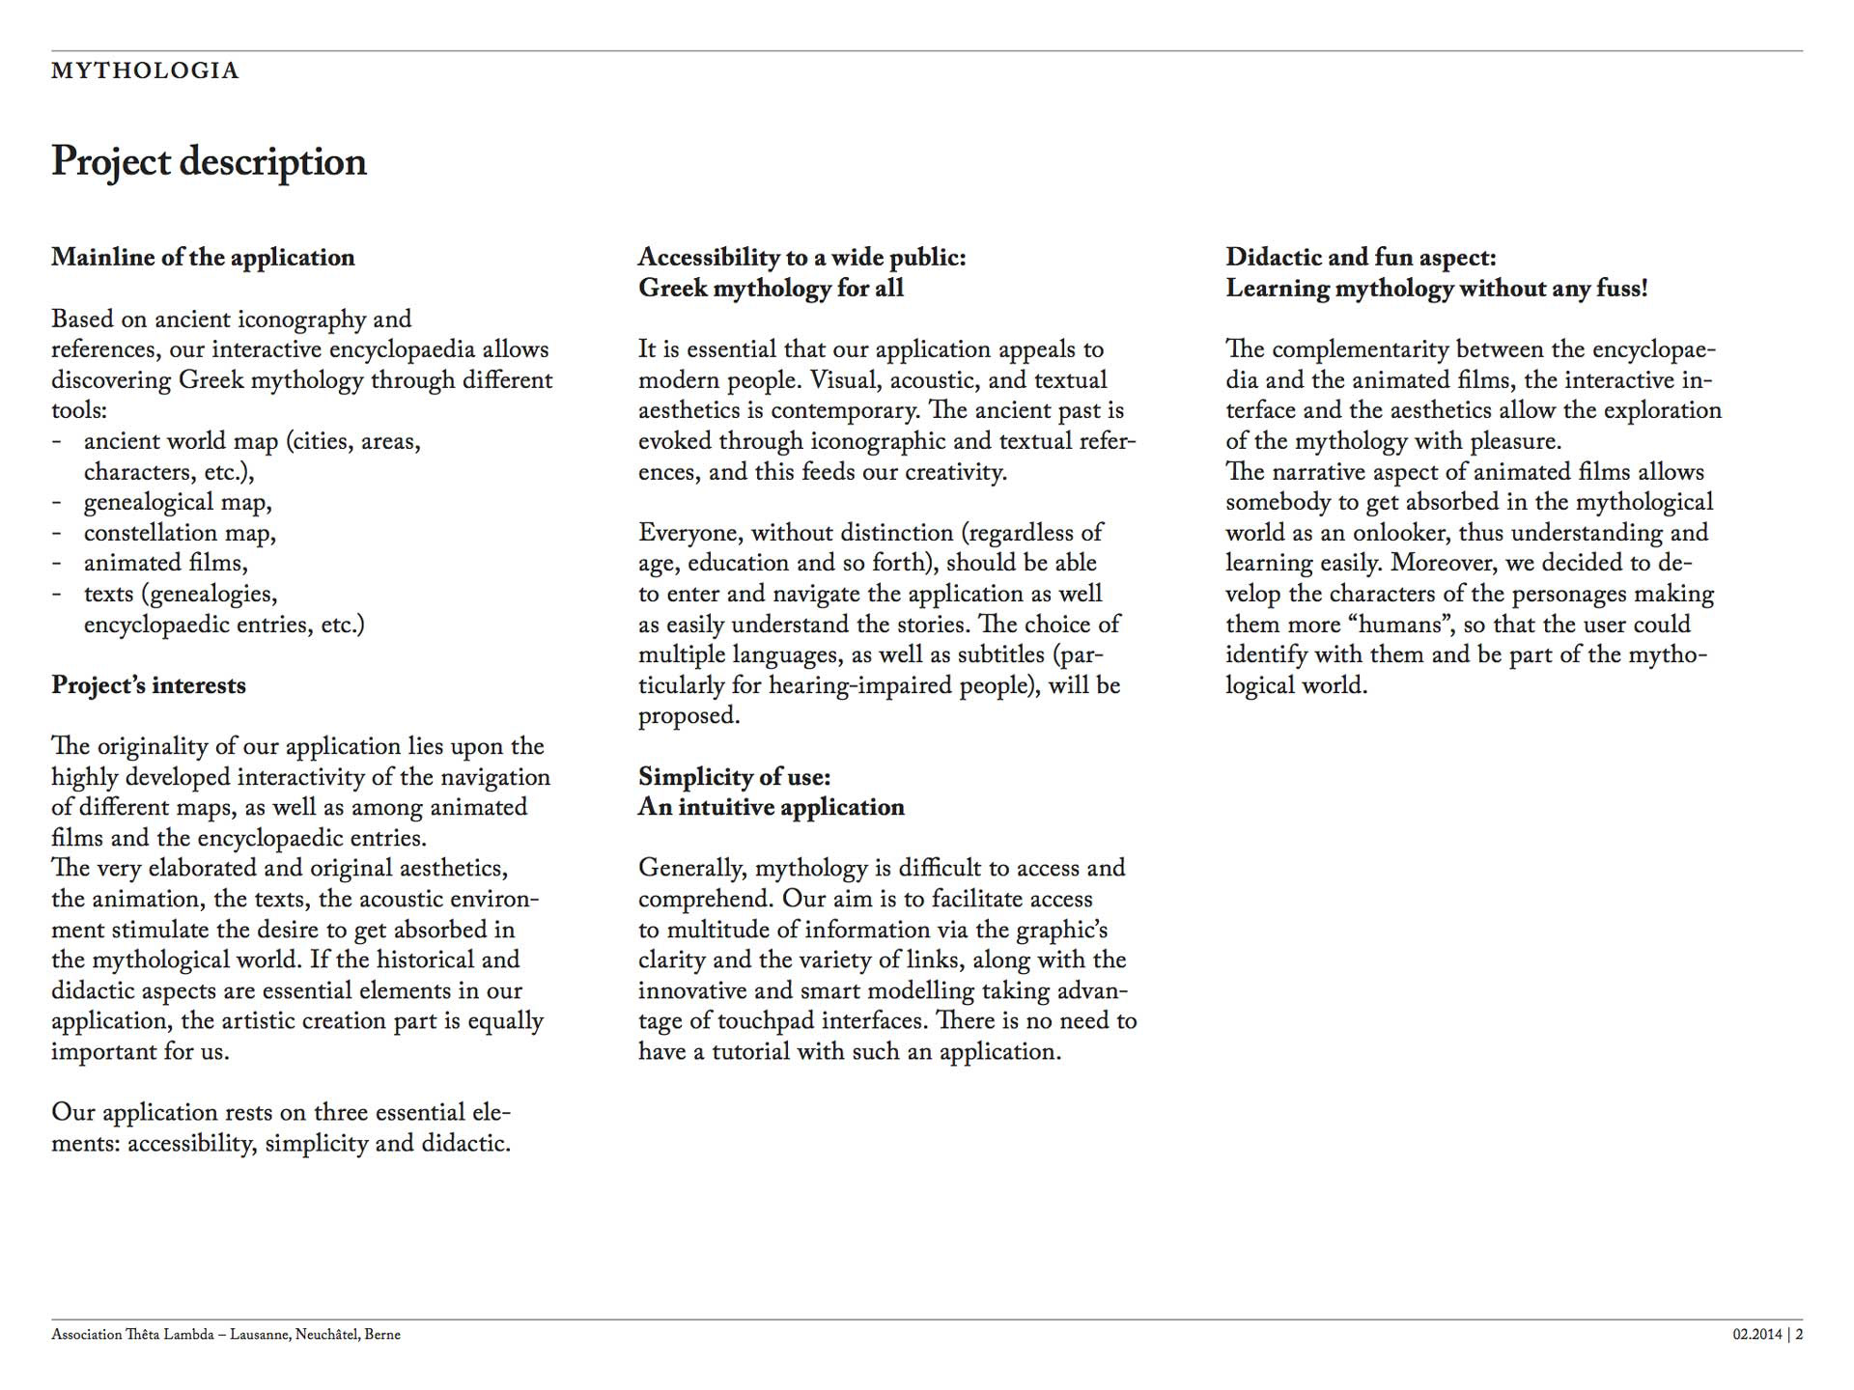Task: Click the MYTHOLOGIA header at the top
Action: point(145,70)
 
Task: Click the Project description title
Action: point(209,161)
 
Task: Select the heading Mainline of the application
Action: point(203,257)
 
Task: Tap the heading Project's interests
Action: point(149,685)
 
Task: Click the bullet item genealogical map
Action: point(178,502)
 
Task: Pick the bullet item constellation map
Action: point(180,533)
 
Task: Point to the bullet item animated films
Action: point(165,563)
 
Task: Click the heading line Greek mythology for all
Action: point(771,288)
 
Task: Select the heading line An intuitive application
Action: point(771,807)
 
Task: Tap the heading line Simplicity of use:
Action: point(734,777)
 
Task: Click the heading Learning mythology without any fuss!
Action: point(1436,288)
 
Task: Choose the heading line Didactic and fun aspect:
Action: point(1361,257)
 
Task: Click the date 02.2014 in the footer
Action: point(1756,1335)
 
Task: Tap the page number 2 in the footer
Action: point(1799,1335)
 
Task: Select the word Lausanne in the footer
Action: point(260,1335)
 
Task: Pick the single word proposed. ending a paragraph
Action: point(688,716)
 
